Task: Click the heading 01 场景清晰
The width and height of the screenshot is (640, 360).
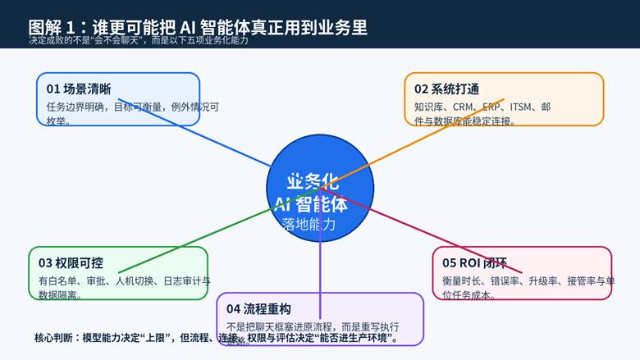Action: [79, 89]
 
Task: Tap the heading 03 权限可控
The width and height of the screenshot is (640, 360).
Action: [71, 262]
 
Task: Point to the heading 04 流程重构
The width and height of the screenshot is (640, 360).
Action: [258, 308]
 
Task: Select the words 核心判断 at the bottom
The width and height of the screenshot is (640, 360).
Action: [52, 337]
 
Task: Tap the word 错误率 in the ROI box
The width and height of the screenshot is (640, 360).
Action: [510, 281]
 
